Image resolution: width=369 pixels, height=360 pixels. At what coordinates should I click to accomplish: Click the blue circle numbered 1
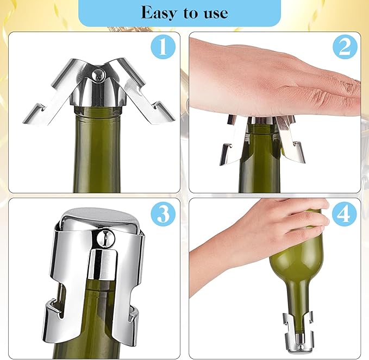pos(162,48)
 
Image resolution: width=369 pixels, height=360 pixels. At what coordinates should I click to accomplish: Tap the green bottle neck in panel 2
pos(260,157)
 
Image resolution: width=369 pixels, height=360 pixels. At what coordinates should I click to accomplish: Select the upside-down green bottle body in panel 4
pos(296,255)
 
